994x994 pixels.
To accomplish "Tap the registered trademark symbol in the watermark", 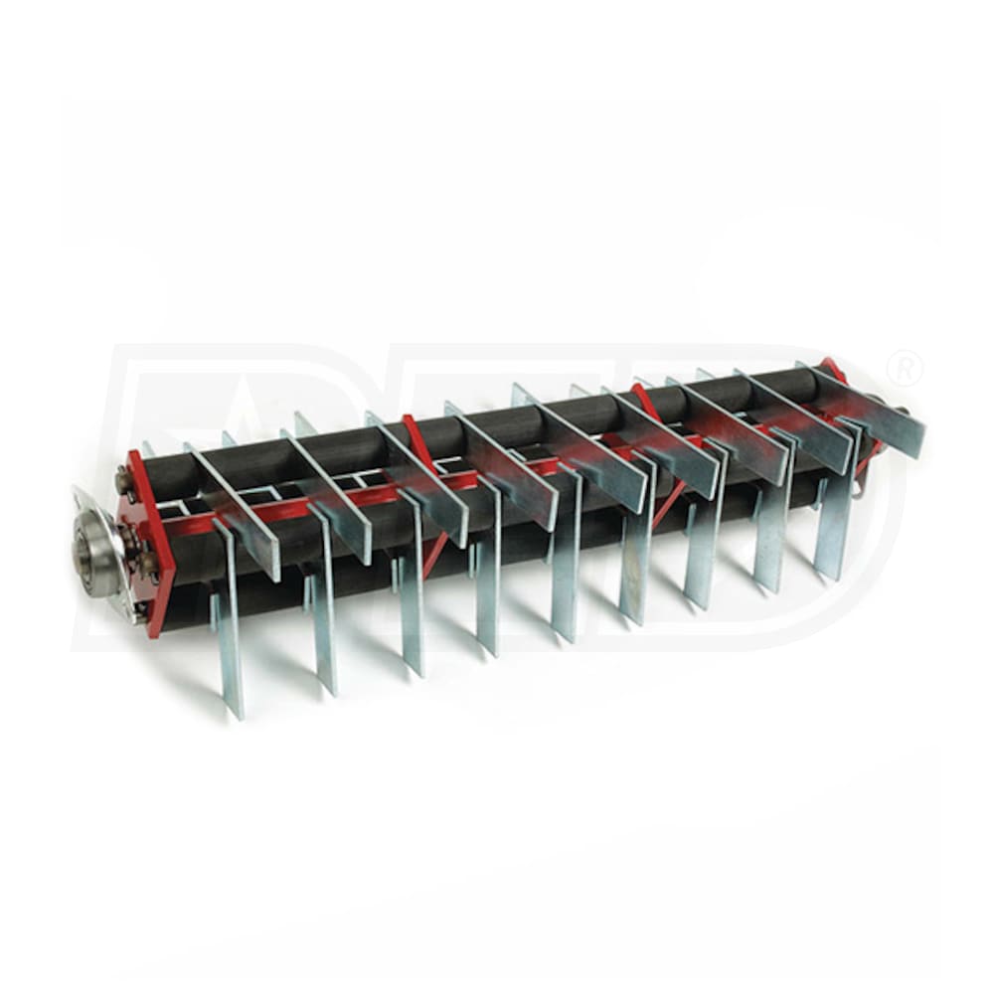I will pyautogui.click(x=905, y=370).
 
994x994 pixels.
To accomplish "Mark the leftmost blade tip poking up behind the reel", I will pyautogui.click(x=146, y=449).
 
